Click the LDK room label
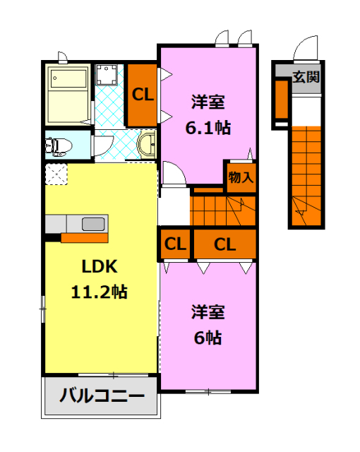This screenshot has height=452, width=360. tap(99, 267)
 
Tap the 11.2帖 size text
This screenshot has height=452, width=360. tap(99, 292)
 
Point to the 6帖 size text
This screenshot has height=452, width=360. tap(208, 337)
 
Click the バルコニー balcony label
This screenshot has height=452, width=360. tap(101, 395)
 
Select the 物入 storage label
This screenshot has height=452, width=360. tap(240, 177)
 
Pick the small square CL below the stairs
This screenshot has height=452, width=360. tap(175, 244)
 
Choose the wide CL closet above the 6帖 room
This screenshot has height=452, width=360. tap(224, 244)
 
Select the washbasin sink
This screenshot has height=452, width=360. tap(148, 146)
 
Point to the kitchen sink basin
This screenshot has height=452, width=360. tap(93, 224)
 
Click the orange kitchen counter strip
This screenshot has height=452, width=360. tap(84, 237)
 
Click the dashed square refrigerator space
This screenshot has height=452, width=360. tap(56, 174)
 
